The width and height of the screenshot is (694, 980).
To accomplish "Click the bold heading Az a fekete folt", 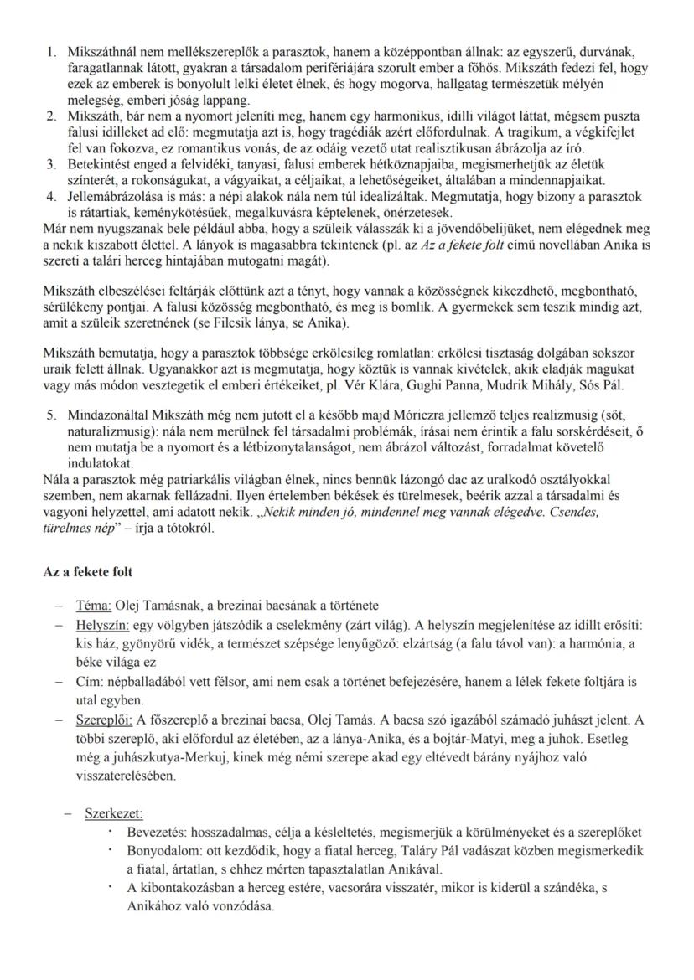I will point(87,572).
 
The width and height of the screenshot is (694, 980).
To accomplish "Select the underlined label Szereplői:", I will point(102,720).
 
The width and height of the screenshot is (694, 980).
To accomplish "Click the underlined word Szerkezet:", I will point(114,813).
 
